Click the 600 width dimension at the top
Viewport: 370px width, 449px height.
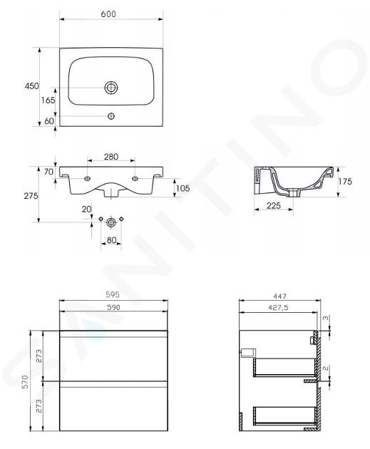point(108,14)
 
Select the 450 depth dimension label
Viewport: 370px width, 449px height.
point(31,86)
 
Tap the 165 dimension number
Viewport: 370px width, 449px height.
point(48,100)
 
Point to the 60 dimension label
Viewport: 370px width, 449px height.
point(49,121)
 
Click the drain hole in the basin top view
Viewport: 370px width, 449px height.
point(111,88)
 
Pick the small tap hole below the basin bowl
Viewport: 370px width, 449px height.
point(111,116)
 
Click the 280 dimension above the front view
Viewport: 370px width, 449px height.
point(111,157)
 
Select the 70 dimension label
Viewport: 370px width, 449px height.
point(48,172)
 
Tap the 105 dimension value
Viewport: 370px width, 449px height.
point(183,188)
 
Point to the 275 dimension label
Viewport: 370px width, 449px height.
point(31,196)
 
